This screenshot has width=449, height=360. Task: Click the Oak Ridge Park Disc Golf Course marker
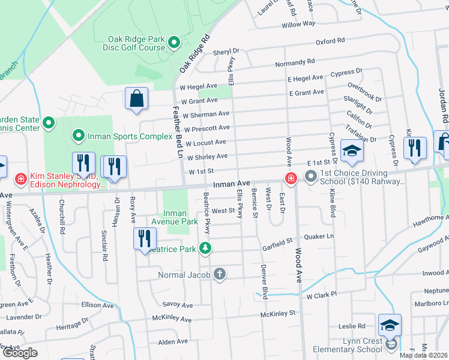173,42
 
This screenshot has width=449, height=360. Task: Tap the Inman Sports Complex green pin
77,136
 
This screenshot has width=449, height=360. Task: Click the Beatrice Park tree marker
206,248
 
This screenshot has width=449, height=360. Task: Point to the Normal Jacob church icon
220,274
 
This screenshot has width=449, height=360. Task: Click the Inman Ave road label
231,183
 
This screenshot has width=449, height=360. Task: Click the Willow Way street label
298,23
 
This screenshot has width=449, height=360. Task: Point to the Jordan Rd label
442,99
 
